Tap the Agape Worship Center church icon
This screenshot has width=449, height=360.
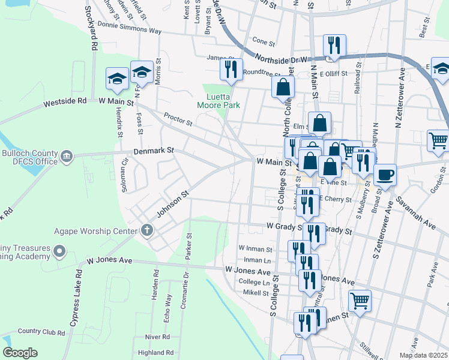146,229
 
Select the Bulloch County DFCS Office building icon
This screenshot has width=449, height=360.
66,157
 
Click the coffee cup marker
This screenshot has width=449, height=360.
385,174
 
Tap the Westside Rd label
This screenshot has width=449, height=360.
65,102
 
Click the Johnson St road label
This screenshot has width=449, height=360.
173,205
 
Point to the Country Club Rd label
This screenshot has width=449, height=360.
41,331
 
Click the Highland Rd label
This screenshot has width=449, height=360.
155,353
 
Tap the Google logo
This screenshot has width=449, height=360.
20,353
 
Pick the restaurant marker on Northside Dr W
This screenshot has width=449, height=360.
333,45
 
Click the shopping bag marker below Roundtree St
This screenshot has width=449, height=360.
283,87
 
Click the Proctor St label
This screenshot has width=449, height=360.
178,121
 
